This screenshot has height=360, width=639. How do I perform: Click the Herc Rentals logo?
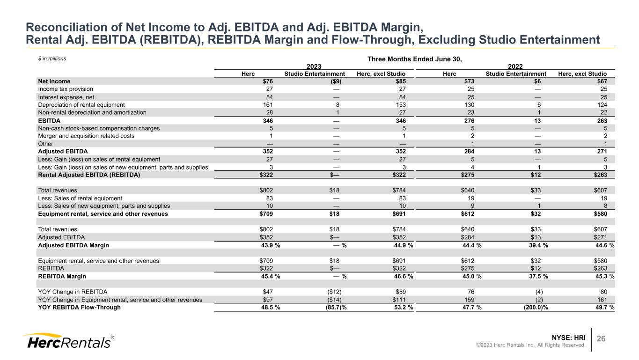coord(68,342)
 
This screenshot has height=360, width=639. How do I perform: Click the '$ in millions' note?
coord(52,59)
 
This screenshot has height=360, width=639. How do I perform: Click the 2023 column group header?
coord(314,66)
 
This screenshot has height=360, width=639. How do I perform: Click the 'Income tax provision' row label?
coord(66,89)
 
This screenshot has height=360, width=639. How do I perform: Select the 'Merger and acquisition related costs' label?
coord(86,136)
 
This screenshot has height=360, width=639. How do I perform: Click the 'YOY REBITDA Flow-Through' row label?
coord(80,307)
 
